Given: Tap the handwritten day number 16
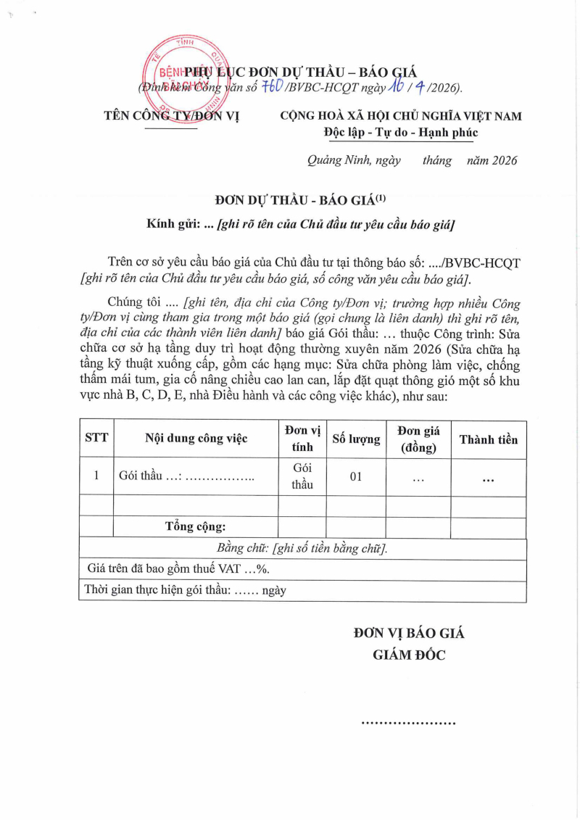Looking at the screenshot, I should point(395,86).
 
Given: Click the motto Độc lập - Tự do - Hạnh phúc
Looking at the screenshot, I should point(401,133).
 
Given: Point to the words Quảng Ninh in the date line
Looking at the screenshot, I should point(336,161).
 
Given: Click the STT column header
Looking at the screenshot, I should point(96,439).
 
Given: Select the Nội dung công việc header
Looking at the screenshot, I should point(196,439).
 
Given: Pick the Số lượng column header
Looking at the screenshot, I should point(356,439).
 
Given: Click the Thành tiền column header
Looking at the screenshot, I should point(488,439).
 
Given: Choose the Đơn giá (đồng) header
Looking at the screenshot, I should point(418,439).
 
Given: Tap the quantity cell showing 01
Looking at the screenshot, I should point(356,476).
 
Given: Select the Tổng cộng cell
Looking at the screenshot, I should point(196,526).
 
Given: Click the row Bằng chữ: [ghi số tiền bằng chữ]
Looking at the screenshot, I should point(302,548).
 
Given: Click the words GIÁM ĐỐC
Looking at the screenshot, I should point(409,655).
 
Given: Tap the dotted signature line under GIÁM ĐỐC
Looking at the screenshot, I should point(408,723).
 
